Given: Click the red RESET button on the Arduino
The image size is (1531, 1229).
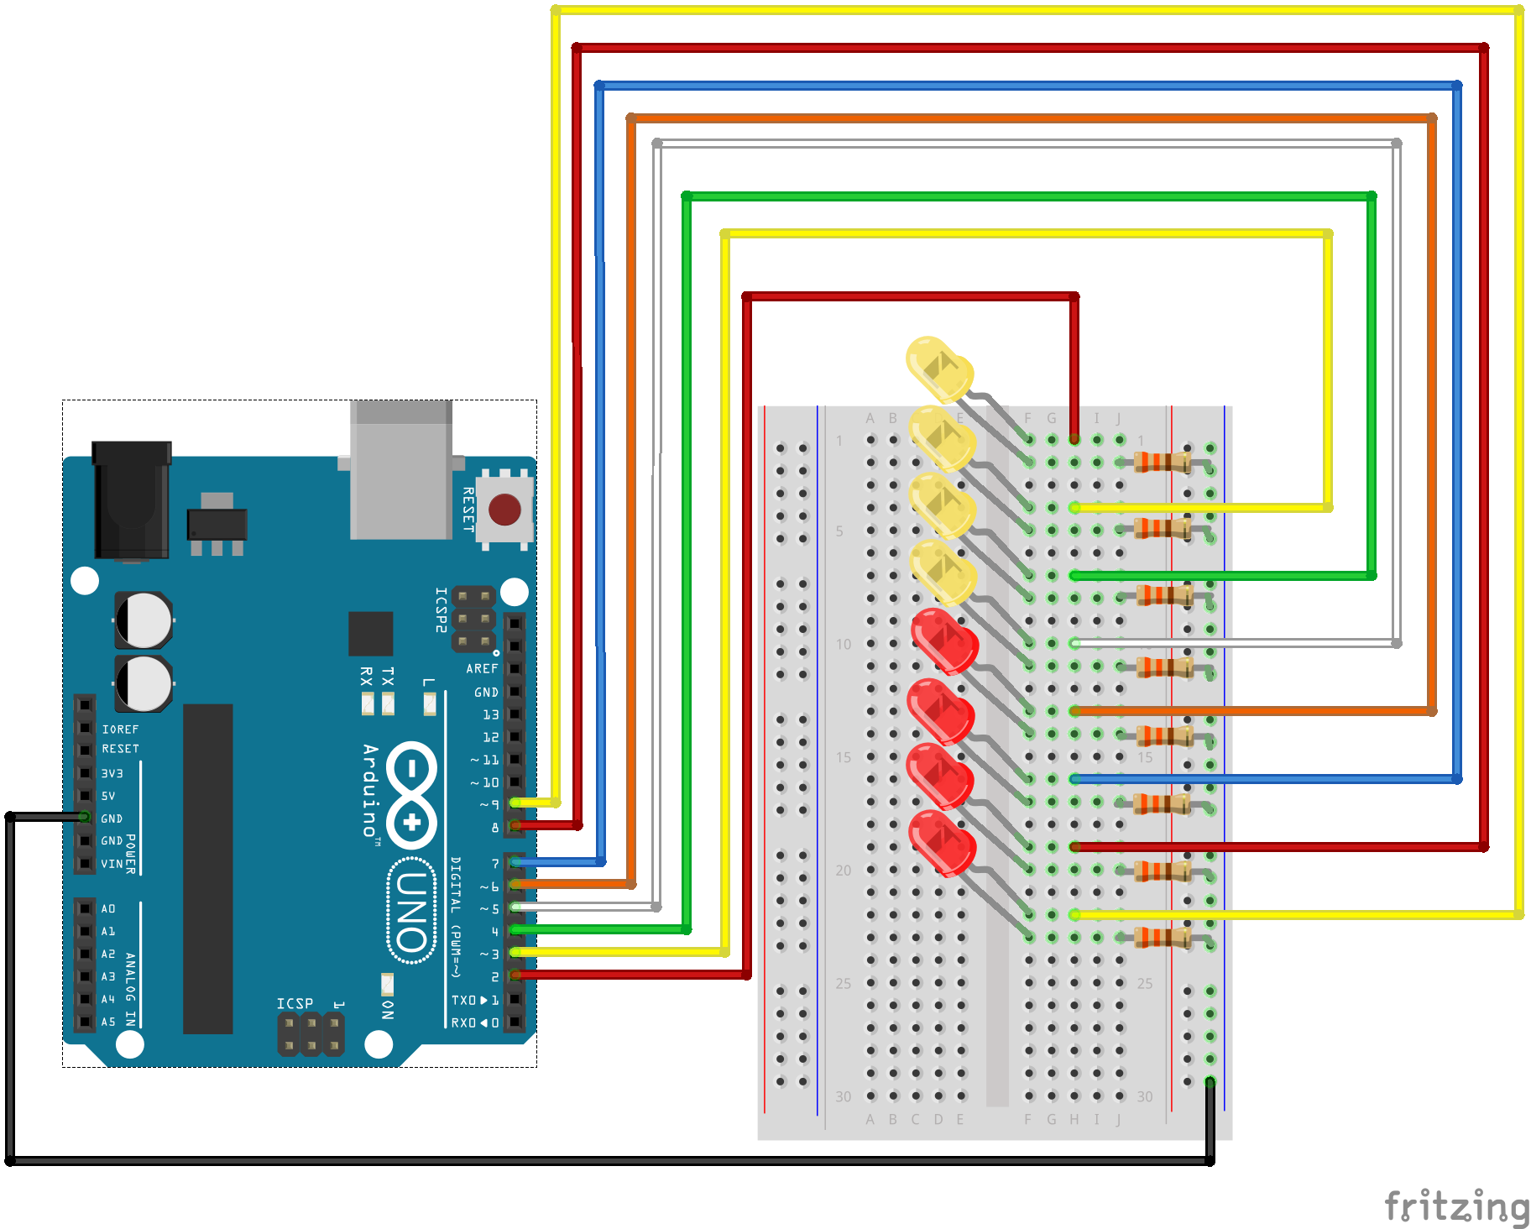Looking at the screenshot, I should [504, 509].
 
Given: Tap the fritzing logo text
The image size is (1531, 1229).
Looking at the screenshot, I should [1456, 1206].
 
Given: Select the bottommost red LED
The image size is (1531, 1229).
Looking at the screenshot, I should [942, 842].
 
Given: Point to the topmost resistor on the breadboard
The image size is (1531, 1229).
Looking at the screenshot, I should [1163, 462].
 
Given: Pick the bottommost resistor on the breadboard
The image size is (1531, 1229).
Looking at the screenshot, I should [1163, 937].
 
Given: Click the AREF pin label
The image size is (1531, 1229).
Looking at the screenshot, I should [482, 669].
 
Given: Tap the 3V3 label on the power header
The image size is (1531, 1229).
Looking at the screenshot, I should [112, 773].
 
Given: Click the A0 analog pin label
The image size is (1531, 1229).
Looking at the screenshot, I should [108, 908].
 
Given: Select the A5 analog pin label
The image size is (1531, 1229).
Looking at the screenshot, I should [108, 1022].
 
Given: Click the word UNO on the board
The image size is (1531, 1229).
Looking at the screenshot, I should [411, 911].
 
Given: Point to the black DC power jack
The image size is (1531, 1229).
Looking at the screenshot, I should [132, 502].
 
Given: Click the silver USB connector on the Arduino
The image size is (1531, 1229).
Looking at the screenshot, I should [401, 472].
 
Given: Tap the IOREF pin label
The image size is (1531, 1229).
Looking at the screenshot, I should [120, 730].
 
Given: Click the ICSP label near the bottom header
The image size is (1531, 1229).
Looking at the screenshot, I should [295, 1003].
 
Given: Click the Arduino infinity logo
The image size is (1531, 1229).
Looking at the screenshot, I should [411, 794].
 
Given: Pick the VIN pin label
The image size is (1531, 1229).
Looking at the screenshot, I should [112, 864].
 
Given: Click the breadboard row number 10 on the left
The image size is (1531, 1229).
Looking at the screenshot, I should [843, 644].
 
